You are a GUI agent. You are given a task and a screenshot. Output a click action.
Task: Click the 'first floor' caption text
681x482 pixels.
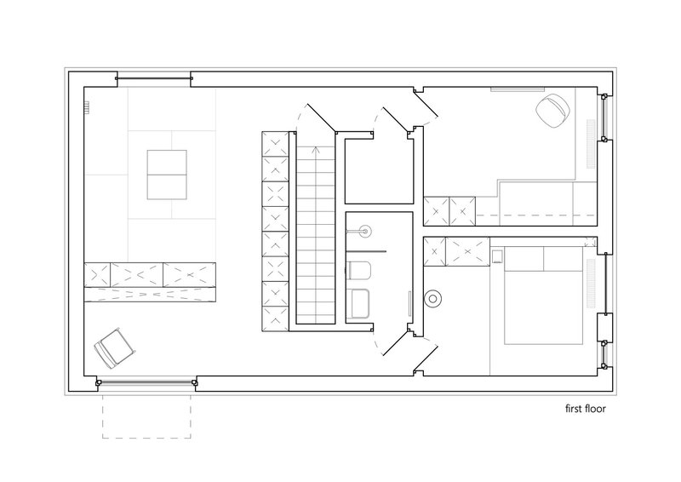[585, 409]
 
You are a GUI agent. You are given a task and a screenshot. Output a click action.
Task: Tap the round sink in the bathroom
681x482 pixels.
[363, 230]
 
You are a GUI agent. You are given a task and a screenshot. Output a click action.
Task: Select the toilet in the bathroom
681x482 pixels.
[358, 270]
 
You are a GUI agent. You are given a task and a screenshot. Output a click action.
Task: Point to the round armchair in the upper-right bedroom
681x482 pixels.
[552, 111]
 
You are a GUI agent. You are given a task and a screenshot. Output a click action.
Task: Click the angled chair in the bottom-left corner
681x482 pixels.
[115, 347]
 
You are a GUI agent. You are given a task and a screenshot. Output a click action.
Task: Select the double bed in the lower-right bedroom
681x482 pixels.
[543, 296]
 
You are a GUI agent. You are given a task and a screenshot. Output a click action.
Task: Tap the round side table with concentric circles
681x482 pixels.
[433, 299]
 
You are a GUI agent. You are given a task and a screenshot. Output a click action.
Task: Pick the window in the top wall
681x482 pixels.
[154, 78]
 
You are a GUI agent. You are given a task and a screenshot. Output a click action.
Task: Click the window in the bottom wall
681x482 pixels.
[146, 383]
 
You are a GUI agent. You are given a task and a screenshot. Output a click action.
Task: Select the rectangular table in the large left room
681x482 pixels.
[167, 175]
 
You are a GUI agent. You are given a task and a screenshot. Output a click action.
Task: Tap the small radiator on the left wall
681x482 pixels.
[87, 107]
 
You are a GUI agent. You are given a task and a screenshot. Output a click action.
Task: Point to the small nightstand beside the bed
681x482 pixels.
[497, 257]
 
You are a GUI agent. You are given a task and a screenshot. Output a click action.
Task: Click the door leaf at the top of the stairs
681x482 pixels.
[322, 118]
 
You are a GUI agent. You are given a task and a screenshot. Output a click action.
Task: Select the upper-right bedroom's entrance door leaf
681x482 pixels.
[426, 104]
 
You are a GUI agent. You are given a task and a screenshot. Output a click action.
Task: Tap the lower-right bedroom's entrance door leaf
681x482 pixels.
[425, 359]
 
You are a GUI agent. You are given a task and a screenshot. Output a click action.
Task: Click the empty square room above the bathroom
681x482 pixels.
[379, 171]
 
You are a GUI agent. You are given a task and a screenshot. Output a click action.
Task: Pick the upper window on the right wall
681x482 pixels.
[604, 117]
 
